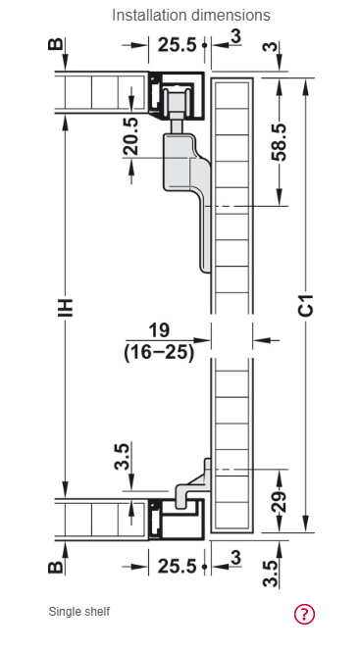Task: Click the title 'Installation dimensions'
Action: point(191,16)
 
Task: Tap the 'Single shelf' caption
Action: point(79,612)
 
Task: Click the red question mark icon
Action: point(305,614)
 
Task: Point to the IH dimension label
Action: point(65,307)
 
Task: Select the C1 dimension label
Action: point(306,305)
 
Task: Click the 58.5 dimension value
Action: point(279,141)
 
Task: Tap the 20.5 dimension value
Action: point(131,136)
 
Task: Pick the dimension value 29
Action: point(281,502)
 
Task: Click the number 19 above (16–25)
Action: point(159,330)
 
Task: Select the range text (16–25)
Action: point(159,353)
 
